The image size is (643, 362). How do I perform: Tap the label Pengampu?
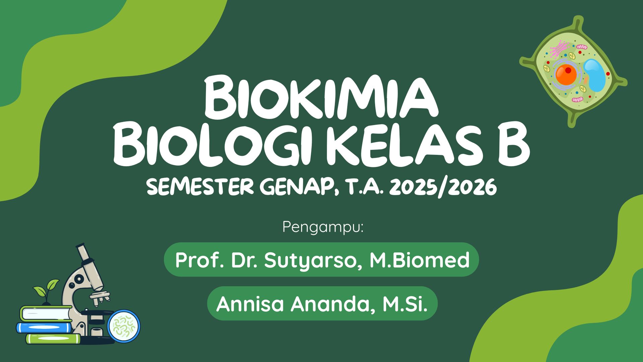click(323, 227)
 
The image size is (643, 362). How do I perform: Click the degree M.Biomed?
click(419, 260)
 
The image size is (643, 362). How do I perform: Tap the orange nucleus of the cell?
click(566, 74)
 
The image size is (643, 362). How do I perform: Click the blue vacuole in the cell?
click(595, 75)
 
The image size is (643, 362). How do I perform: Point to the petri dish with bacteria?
click(124, 326)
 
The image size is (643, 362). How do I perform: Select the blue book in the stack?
click(44, 327)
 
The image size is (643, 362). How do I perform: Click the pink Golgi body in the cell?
click(559, 49)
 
